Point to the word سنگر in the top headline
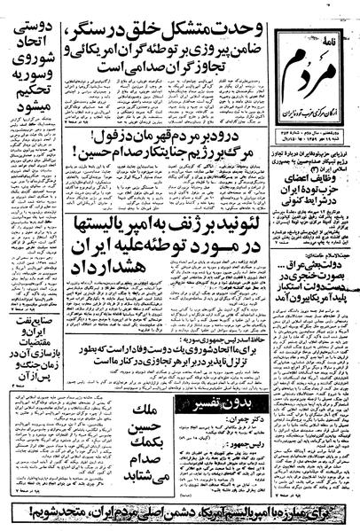click(90, 18)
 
